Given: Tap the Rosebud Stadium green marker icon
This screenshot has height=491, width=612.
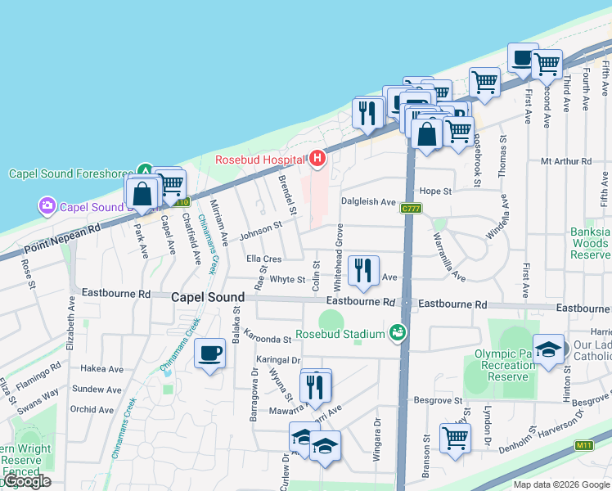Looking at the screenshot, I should click(398, 332).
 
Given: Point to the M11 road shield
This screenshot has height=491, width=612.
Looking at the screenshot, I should click(583, 445).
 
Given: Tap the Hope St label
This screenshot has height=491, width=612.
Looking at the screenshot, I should click(435, 191).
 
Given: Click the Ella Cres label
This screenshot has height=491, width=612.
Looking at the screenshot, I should click(263, 259).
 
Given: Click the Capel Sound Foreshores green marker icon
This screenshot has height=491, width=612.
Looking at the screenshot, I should click(144, 172).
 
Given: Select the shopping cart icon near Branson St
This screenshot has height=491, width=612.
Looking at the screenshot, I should click(455, 437).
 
